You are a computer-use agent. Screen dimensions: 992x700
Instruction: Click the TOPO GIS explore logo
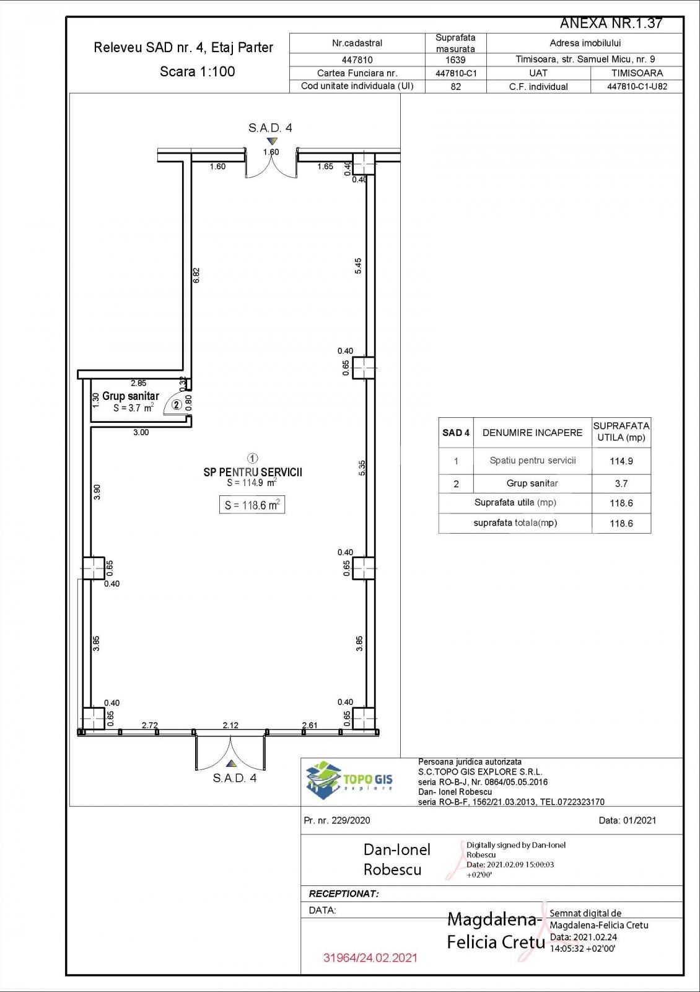coord(349,780)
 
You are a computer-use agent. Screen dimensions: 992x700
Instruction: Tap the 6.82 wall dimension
coord(196,275)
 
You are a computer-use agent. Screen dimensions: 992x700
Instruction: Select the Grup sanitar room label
coord(131,396)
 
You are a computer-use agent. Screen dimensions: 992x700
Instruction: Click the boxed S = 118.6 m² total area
coord(252,505)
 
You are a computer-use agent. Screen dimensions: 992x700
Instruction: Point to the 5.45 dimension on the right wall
coord(358,266)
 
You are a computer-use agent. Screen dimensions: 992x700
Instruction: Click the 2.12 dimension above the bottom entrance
coord(230,725)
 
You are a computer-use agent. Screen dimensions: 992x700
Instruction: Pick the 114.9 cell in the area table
coord(621,461)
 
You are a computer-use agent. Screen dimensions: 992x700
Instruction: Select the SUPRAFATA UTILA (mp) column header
coord(621,432)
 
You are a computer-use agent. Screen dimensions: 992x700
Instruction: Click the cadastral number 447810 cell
coord(357,60)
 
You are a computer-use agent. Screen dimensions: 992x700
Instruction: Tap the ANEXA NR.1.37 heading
coord(611,24)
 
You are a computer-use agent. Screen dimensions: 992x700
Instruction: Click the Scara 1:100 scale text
coord(198,71)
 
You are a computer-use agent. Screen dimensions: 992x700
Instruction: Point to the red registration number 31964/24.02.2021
coord(370,957)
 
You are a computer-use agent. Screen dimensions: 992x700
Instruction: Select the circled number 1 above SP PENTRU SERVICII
coord(253,459)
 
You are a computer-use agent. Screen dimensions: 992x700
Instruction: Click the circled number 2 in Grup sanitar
coord(177,405)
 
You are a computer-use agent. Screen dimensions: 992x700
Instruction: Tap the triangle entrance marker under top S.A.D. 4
coord(270,141)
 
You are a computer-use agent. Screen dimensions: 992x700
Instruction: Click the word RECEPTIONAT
coord(344,893)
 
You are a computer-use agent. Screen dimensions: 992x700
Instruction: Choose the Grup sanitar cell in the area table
coord(532,484)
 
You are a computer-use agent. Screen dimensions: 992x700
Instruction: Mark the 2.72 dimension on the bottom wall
coord(150,725)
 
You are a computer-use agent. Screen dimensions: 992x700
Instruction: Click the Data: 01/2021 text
coord(628,820)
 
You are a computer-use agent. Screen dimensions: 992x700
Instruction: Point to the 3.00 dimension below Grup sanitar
coord(141,432)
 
